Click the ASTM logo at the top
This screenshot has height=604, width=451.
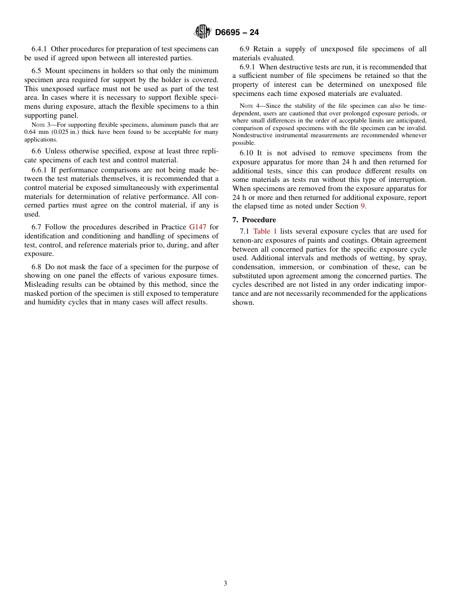coord(203,32)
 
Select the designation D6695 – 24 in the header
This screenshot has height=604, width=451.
coord(237,33)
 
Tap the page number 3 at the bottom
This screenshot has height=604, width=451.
coord(225,584)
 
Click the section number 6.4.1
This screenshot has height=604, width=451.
coord(39,49)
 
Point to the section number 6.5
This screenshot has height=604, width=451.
coord(37,71)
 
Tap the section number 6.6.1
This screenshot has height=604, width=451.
coord(39,169)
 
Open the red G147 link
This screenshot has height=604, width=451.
coord(197,227)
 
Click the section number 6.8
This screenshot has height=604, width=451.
coord(37,267)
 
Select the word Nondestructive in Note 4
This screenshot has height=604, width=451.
coord(254,135)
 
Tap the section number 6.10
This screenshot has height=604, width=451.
coord(248,153)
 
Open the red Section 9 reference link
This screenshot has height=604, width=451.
coord(363,206)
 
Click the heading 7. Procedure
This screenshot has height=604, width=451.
coord(254,220)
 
